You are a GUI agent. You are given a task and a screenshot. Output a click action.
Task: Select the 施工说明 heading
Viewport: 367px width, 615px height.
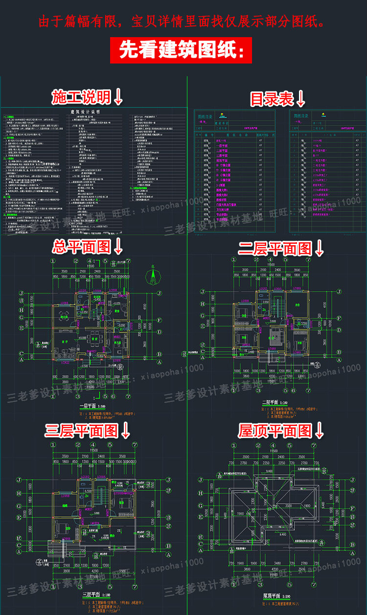[81, 97]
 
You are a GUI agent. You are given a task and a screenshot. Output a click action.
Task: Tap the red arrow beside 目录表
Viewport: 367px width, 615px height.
[300, 99]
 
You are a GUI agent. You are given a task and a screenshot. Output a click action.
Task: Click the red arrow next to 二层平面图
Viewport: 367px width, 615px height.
[319, 249]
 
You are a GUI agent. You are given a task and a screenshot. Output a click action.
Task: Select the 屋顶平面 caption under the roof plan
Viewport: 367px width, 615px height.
[277, 596]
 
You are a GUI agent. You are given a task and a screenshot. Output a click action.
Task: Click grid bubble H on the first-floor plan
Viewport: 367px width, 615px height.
[22, 310]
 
